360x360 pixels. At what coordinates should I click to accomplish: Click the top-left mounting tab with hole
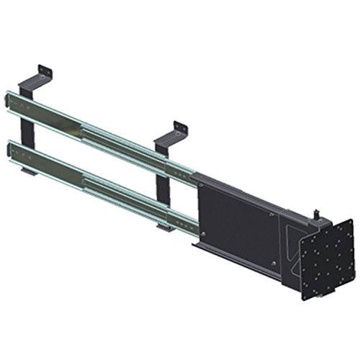(45, 70)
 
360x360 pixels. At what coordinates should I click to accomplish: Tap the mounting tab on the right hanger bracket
(180, 127)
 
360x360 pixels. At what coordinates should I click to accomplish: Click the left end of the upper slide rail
(10, 99)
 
